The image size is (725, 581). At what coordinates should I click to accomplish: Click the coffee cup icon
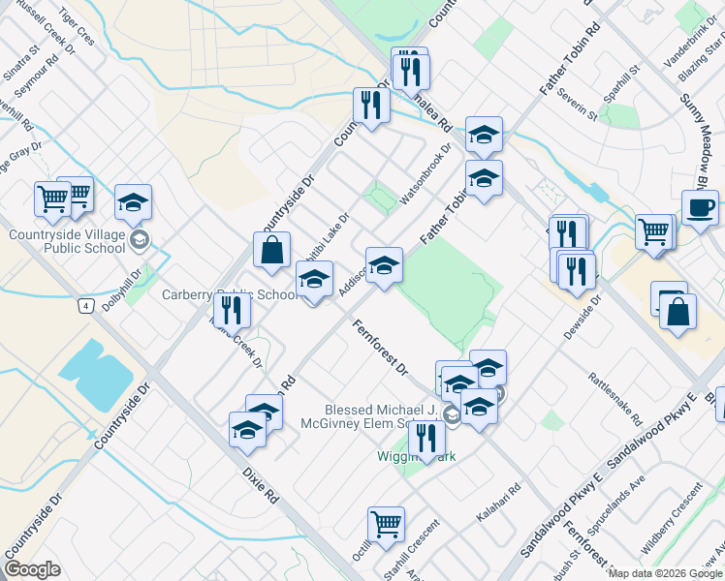[699, 208]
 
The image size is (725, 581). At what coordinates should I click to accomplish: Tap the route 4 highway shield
[87, 307]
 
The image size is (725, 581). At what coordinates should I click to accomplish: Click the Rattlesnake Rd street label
[615, 398]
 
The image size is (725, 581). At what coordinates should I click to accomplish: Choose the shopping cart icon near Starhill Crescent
[386, 525]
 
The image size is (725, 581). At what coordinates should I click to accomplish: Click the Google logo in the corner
[32, 569]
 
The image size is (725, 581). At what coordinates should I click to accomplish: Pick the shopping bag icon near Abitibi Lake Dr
[272, 250]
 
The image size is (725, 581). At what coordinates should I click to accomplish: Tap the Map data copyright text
[665, 573]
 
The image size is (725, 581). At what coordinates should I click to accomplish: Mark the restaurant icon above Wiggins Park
[426, 438]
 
